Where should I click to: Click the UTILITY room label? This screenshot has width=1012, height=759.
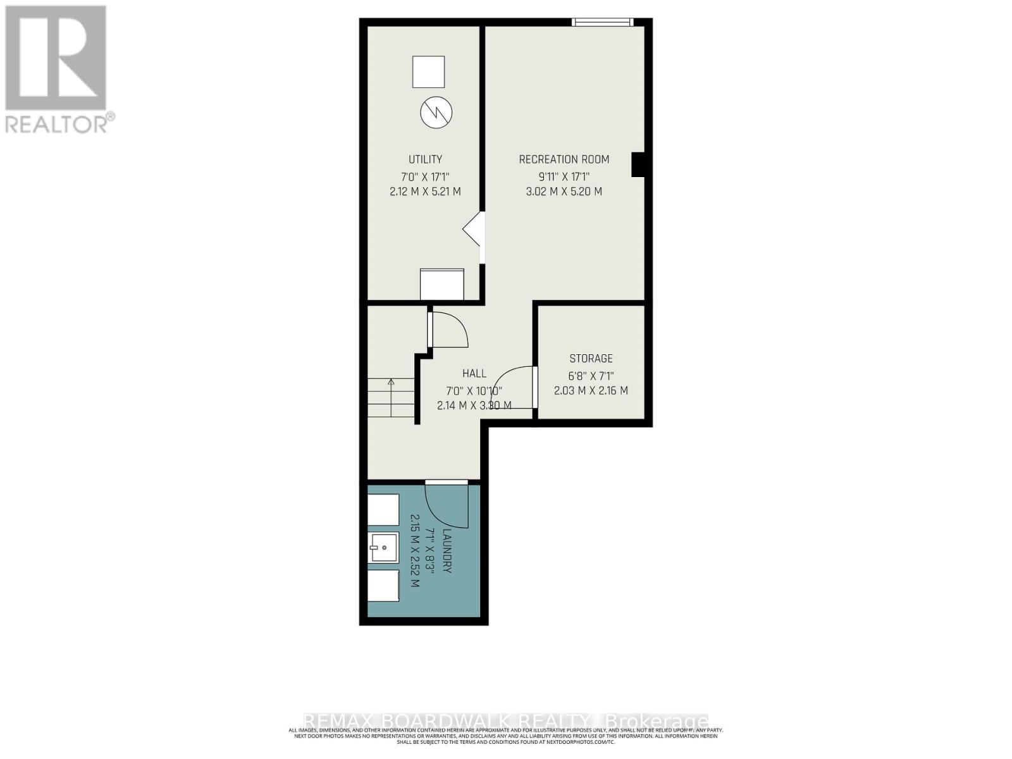[x=425, y=159]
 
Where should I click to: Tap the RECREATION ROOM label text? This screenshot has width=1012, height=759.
[x=564, y=159]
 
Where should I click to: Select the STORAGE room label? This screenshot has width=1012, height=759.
[x=591, y=359]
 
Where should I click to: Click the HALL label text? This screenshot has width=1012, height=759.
[x=474, y=374]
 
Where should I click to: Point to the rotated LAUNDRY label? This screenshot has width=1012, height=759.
[x=447, y=551]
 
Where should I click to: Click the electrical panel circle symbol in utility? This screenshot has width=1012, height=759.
[x=436, y=113]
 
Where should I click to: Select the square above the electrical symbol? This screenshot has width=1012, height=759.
[x=428, y=71]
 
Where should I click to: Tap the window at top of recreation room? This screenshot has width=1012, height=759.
[x=602, y=22]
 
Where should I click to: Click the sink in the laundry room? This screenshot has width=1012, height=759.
[x=383, y=547]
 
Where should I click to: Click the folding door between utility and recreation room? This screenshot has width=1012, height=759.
[x=474, y=230]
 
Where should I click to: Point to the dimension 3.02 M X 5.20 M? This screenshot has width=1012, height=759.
[x=564, y=191]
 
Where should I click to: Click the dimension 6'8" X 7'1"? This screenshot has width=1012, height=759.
[x=591, y=375]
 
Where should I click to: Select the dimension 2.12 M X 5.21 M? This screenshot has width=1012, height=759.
[x=425, y=191]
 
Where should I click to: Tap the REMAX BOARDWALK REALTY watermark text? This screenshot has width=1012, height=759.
[x=506, y=721]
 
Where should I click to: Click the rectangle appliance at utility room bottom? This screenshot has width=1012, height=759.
[x=442, y=284]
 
